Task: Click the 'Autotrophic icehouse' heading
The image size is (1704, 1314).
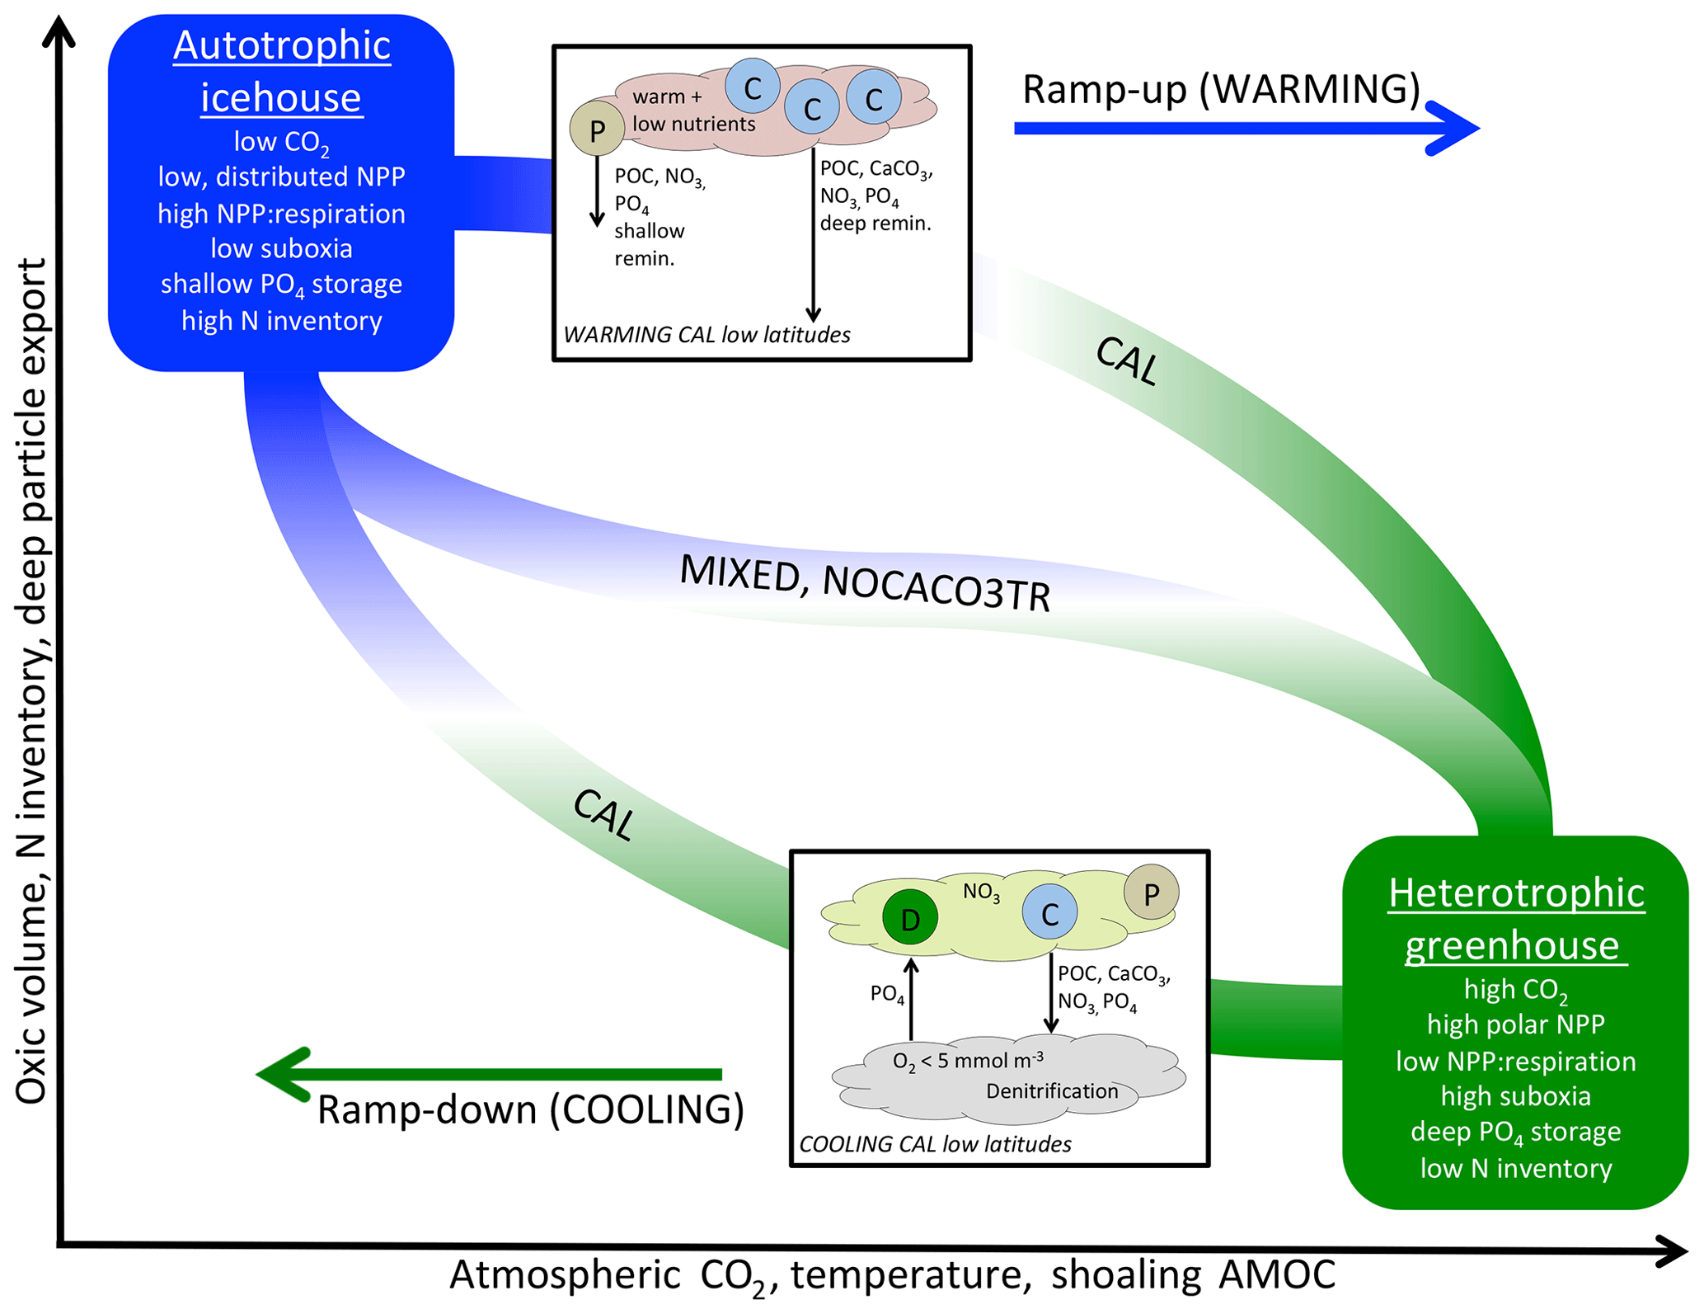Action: click(x=281, y=71)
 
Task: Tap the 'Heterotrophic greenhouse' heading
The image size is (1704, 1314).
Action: click(x=1516, y=918)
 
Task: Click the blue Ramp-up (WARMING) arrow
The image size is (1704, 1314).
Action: click(x=1245, y=128)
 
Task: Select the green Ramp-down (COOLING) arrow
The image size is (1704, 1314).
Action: click(x=491, y=1074)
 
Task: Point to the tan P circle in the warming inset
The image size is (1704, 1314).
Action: click(x=597, y=129)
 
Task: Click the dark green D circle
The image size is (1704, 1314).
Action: click(x=909, y=918)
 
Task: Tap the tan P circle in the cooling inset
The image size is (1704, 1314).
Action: click(x=1151, y=892)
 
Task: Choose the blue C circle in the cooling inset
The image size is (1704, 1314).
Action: click(x=1049, y=912)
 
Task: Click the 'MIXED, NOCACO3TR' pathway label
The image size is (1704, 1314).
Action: click(x=865, y=583)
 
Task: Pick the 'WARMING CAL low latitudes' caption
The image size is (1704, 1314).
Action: click(x=706, y=335)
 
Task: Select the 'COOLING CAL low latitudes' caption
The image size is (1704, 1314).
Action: click(x=935, y=1144)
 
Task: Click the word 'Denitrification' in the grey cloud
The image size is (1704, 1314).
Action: click(x=1052, y=1091)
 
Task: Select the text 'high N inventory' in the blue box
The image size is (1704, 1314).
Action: click(x=281, y=321)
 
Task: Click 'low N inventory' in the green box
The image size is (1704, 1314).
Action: click(x=1515, y=1168)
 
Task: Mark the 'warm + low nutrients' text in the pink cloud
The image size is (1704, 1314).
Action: click(x=693, y=111)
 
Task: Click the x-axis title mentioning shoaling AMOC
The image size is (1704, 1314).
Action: click(x=892, y=1275)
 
